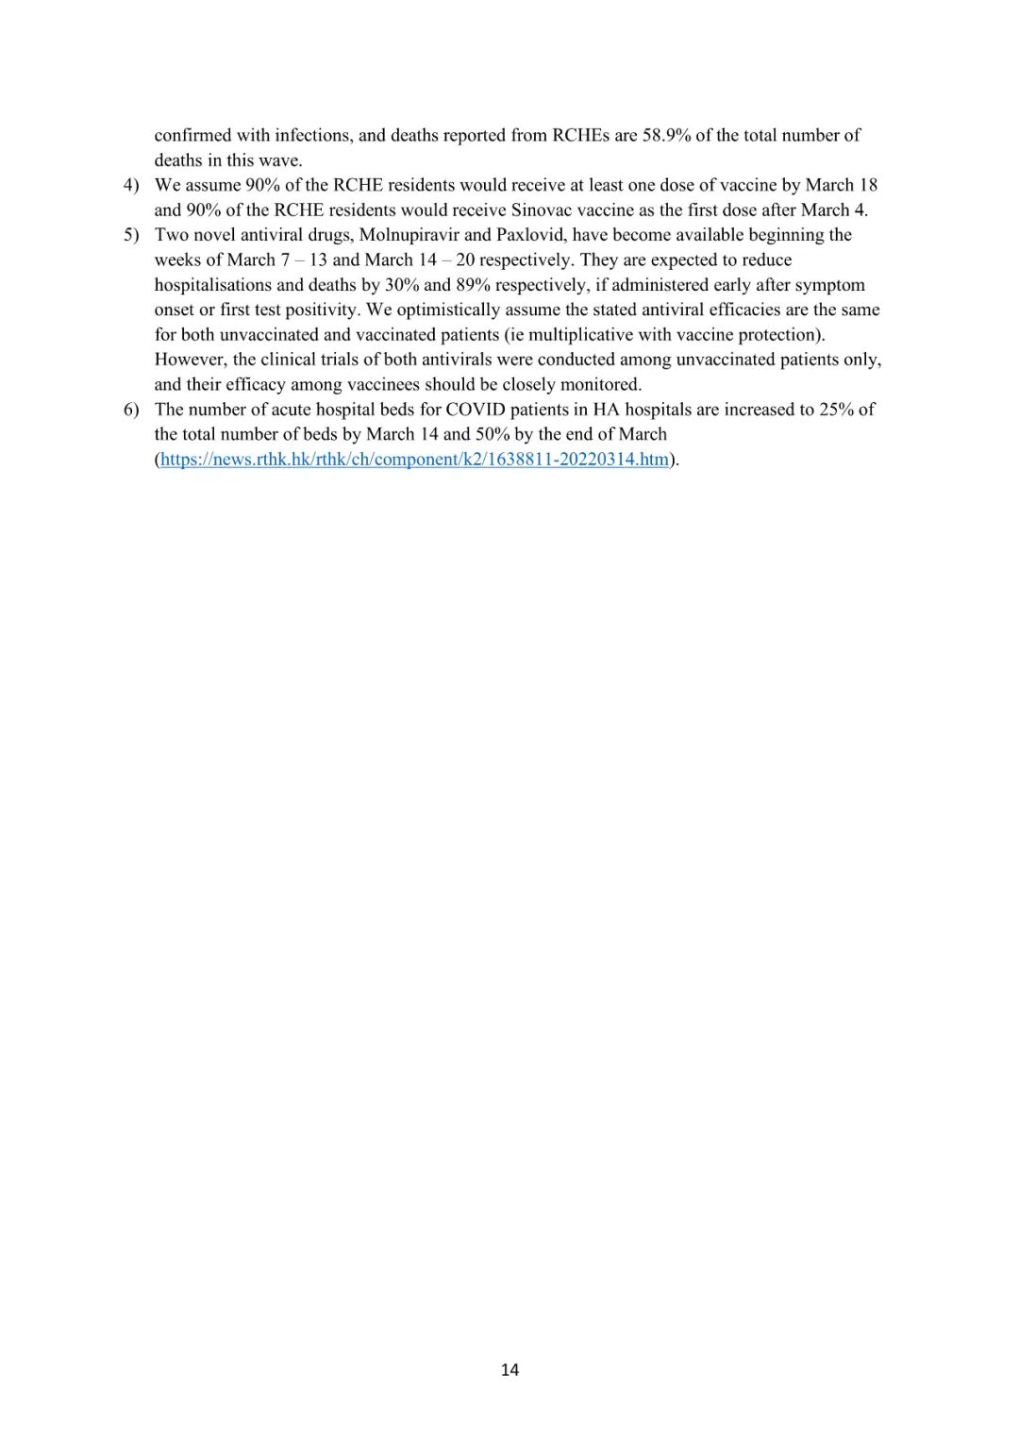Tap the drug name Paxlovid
[x=531, y=235]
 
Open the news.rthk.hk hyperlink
[x=414, y=460]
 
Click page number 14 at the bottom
[x=509, y=1369]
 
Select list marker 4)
[x=131, y=185]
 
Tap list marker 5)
[x=131, y=235]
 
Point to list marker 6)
[x=131, y=410]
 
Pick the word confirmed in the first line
[x=192, y=135]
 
